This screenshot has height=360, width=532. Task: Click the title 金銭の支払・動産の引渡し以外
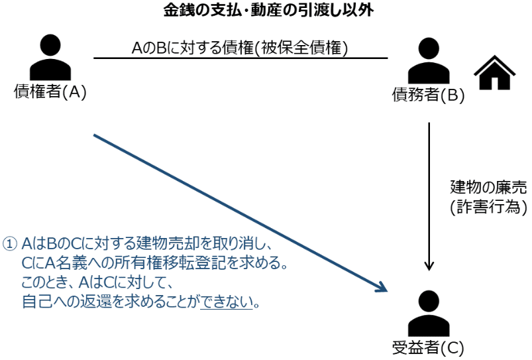[x=266, y=11]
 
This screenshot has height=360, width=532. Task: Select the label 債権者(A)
[x=50, y=92]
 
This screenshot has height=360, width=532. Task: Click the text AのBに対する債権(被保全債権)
[x=240, y=48]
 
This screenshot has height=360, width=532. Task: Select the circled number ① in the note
[x=10, y=245]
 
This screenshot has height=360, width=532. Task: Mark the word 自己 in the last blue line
[x=34, y=302]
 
